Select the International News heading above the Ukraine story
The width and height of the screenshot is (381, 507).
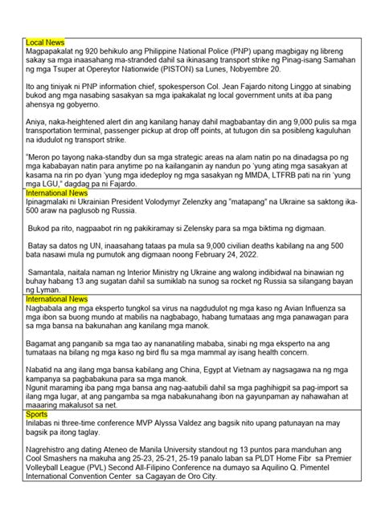point(57,194)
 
